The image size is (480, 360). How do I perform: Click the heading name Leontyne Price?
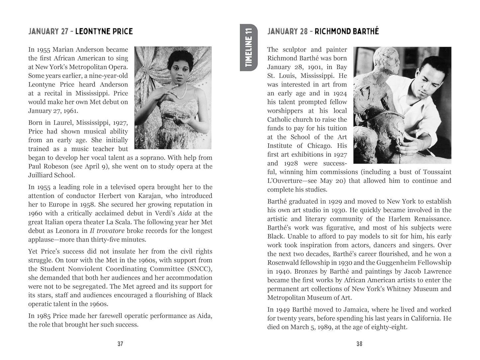point(104,32)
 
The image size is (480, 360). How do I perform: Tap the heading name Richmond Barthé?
point(346,32)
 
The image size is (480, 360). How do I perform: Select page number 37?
point(120,344)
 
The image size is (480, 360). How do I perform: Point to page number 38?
point(359,344)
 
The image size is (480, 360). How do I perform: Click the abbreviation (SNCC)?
point(200,269)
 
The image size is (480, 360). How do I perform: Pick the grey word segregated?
point(89,286)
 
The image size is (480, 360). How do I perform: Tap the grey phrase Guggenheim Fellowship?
point(414,263)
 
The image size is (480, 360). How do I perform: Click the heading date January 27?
point(48,32)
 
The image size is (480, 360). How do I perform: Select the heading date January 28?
point(287,32)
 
